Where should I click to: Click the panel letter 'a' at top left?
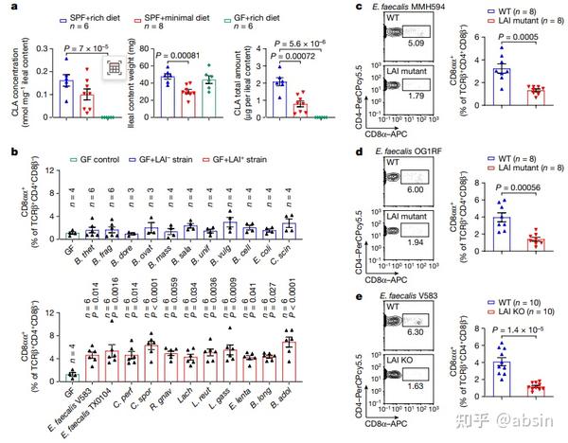(x=9, y=8)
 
